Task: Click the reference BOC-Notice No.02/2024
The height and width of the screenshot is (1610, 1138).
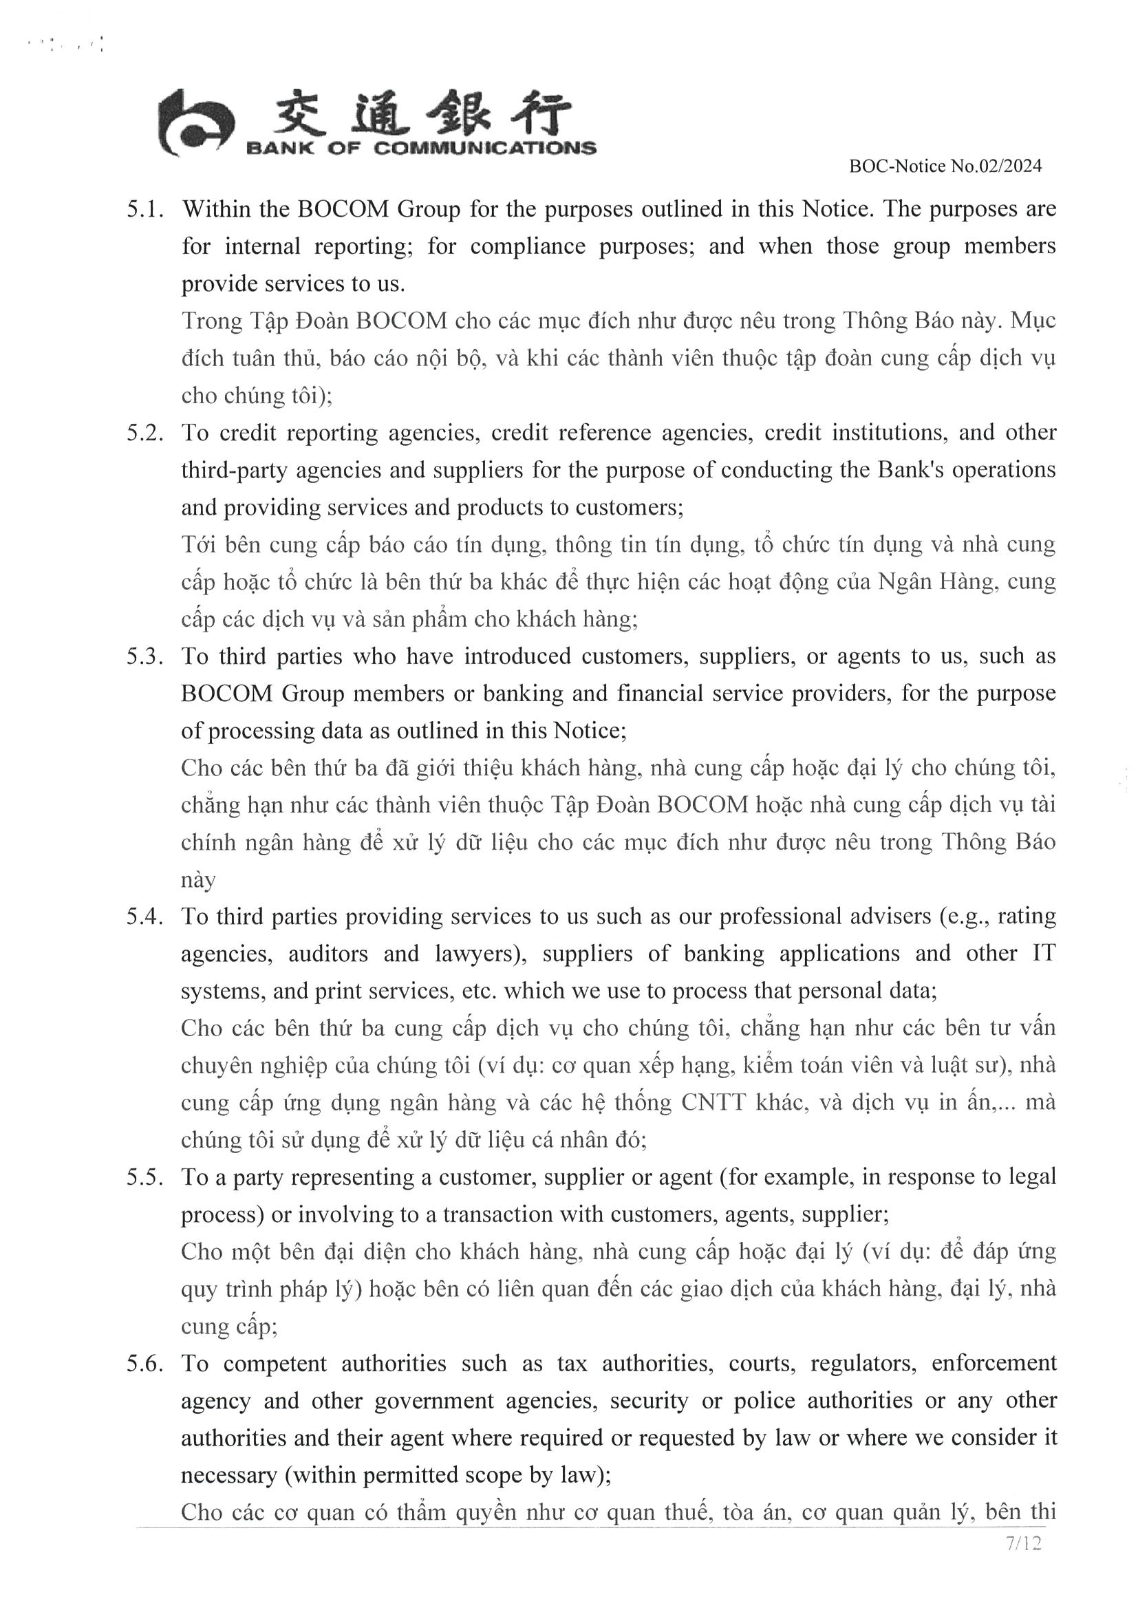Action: click(x=945, y=167)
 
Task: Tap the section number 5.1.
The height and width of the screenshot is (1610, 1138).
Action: click(x=145, y=210)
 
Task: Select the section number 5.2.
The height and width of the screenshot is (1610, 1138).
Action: click(x=145, y=433)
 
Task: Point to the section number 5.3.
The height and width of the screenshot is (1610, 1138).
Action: click(x=145, y=657)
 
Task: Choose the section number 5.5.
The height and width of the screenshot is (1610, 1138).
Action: click(x=145, y=1177)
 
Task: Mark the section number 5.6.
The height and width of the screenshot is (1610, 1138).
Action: click(x=145, y=1364)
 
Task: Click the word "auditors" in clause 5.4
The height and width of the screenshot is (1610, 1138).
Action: click(x=328, y=954)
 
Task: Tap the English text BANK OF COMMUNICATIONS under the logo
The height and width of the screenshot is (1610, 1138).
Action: click(x=420, y=148)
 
